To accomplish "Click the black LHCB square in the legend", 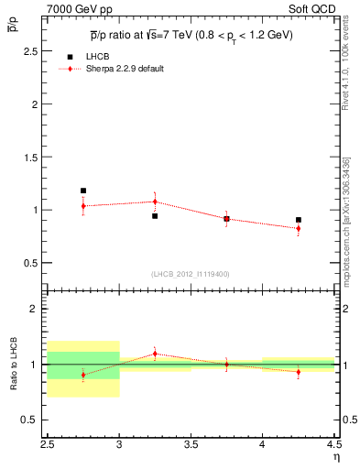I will (71, 57).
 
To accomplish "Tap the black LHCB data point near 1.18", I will (83, 191).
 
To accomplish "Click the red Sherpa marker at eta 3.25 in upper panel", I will (155, 202).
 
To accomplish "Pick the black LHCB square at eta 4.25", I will (299, 220).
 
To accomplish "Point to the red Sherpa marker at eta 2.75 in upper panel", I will (83, 206).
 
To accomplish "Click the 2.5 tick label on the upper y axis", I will (32, 51).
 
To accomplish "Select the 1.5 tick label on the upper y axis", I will (32, 158).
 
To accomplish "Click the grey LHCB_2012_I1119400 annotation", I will (191, 274).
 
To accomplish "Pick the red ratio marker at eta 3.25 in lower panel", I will (155, 353).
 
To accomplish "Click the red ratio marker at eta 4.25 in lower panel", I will (299, 371).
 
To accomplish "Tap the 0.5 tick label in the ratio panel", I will (32, 420).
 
